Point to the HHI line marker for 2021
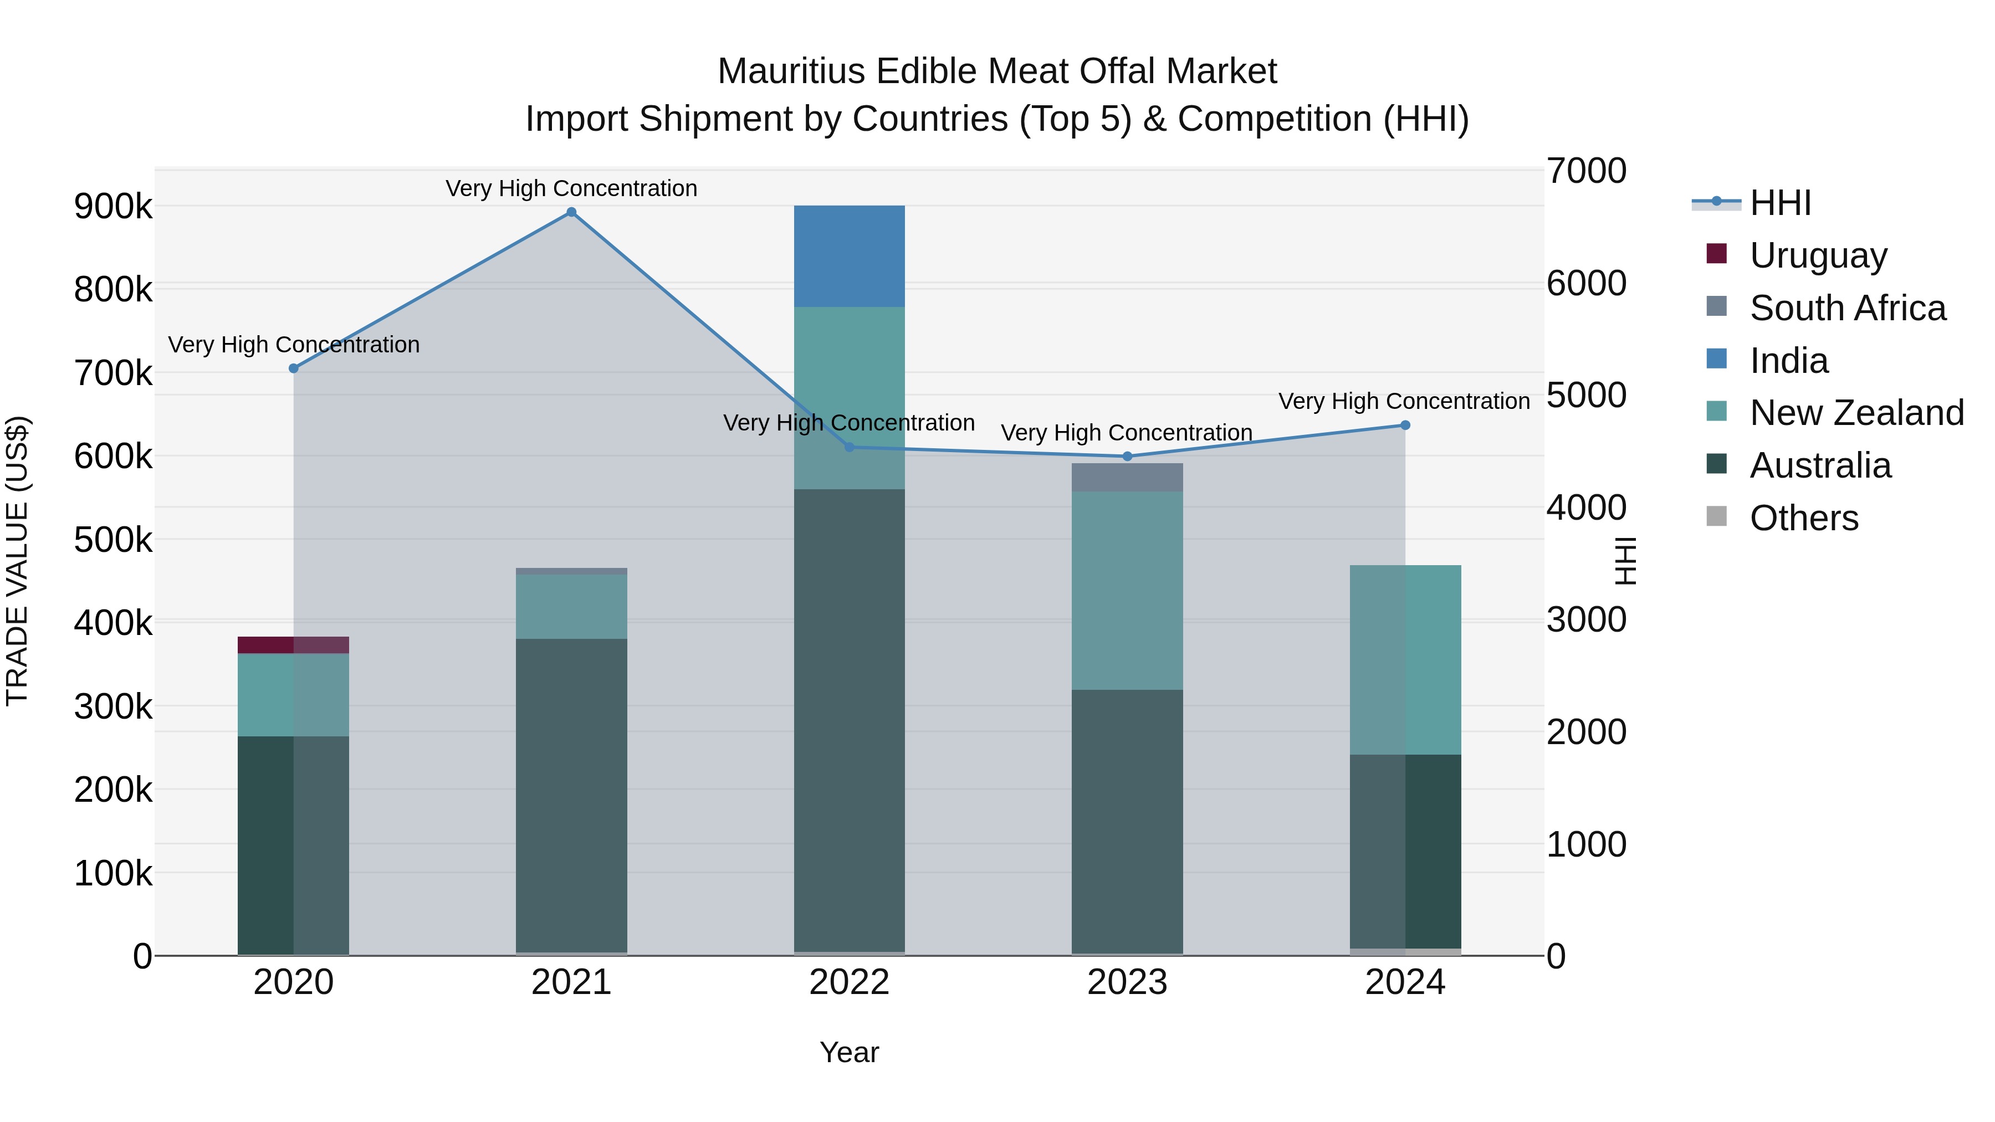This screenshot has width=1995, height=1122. [571, 212]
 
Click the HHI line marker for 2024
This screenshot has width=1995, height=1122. [1405, 425]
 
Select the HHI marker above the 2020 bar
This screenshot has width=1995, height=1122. [294, 368]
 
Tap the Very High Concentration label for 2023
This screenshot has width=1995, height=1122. [1126, 433]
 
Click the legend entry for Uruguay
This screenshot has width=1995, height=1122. [1818, 255]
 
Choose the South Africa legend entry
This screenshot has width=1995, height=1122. [1847, 308]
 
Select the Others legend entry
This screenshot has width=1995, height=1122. [1803, 518]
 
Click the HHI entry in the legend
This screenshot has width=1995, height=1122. [1779, 203]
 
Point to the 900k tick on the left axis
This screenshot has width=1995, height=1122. [113, 207]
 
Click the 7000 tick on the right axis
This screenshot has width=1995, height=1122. [1586, 171]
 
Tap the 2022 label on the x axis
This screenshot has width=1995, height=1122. [849, 982]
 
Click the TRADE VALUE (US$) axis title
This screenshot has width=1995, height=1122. [18, 561]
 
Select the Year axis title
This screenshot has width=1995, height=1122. [849, 1052]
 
